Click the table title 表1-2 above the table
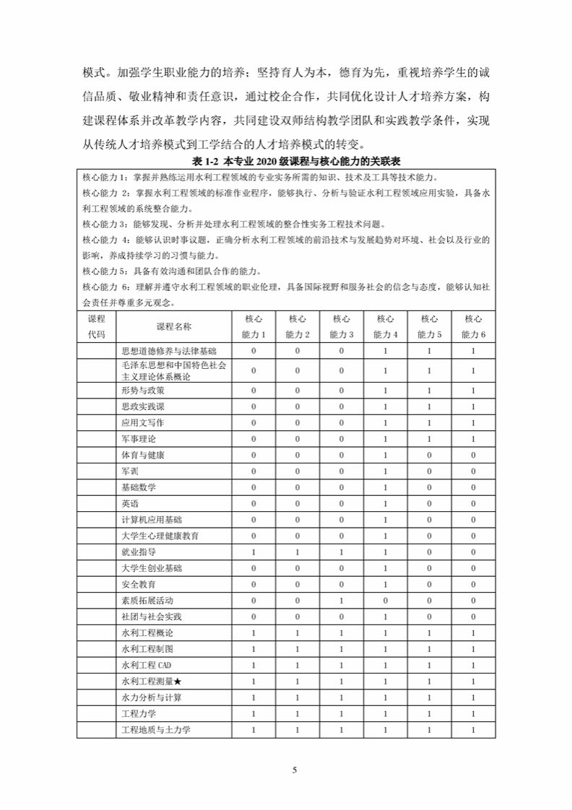[x=286, y=159]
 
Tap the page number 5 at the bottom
[x=294, y=770]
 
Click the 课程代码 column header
[x=96, y=326]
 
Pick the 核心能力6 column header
[x=473, y=326]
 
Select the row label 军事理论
[x=139, y=439]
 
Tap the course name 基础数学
[x=139, y=487]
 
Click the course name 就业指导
[x=139, y=552]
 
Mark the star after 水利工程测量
[x=178, y=681]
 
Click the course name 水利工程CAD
[x=147, y=666]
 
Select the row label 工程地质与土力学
[x=156, y=730]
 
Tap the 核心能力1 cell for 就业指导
[x=253, y=552]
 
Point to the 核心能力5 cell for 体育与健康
[x=429, y=456]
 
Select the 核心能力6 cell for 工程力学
[x=473, y=714]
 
